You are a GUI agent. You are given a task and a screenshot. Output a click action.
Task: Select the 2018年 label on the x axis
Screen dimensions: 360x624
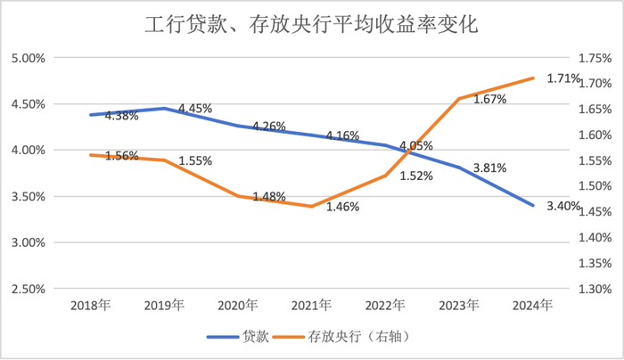[89, 305]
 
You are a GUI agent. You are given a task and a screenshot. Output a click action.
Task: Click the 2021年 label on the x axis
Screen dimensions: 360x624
[311, 305]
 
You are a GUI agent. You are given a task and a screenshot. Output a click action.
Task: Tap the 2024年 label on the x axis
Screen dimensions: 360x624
[532, 305]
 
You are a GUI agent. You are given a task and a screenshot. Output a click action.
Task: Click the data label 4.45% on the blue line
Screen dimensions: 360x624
[195, 109]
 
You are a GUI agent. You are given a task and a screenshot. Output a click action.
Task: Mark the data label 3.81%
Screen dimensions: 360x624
[490, 168]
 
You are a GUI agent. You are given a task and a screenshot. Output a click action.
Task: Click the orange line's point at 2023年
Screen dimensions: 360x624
[458, 99]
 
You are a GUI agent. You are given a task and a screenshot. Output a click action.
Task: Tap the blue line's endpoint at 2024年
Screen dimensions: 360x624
[533, 205]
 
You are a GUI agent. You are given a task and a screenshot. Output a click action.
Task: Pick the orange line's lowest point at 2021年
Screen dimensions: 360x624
[311, 206]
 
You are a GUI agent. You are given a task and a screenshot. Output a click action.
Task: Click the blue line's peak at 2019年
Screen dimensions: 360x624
[163, 108]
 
